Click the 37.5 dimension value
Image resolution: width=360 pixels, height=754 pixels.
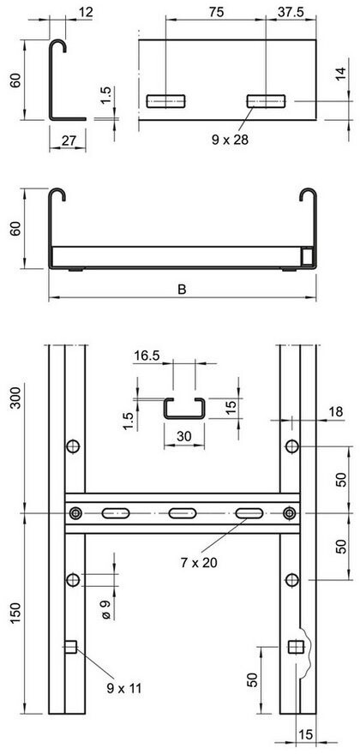[x=291, y=13]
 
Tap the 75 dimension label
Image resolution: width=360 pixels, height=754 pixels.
[x=217, y=13]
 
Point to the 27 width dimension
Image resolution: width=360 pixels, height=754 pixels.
[x=68, y=141]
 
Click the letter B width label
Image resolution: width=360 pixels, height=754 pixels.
[x=182, y=289]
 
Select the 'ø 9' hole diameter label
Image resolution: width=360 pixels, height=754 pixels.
[x=107, y=609]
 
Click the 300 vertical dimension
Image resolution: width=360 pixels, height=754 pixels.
[x=17, y=398]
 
